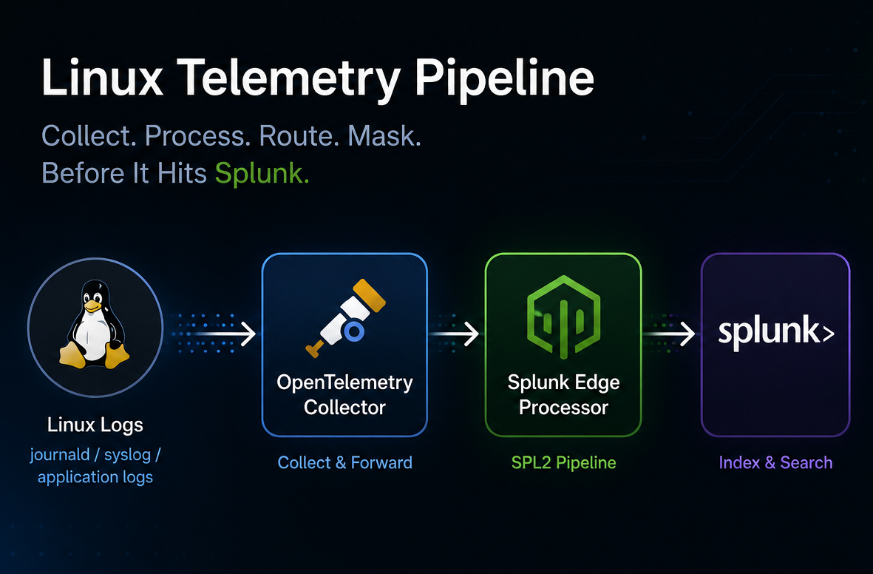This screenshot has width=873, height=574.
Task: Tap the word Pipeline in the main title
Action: tap(504, 78)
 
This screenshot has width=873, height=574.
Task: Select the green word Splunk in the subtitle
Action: tap(262, 173)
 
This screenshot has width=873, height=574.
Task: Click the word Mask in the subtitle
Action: tap(384, 136)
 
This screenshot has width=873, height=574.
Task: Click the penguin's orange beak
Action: tap(92, 306)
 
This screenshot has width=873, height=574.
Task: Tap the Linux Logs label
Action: tap(95, 425)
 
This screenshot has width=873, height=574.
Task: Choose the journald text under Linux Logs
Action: tap(60, 455)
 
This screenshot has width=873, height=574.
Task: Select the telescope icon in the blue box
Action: tap(345, 317)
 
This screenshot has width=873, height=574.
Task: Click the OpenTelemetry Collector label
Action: tap(344, 394)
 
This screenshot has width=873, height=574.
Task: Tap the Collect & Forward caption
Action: tap(344, 462)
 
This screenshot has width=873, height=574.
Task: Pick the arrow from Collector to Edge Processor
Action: tap(454, 334)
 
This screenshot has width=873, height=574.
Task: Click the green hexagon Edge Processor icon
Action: tap(563, 317)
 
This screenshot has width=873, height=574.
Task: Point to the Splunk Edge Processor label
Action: tap(563, 394)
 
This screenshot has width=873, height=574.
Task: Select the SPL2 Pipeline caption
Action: tap(563, 462)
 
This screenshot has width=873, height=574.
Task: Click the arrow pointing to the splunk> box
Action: tap(669, 334)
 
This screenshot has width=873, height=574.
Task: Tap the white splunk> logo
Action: tap(776, 332)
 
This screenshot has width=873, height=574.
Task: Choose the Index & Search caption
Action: tap(775, 462)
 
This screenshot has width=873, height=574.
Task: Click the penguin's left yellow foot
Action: tap(72, 355)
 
